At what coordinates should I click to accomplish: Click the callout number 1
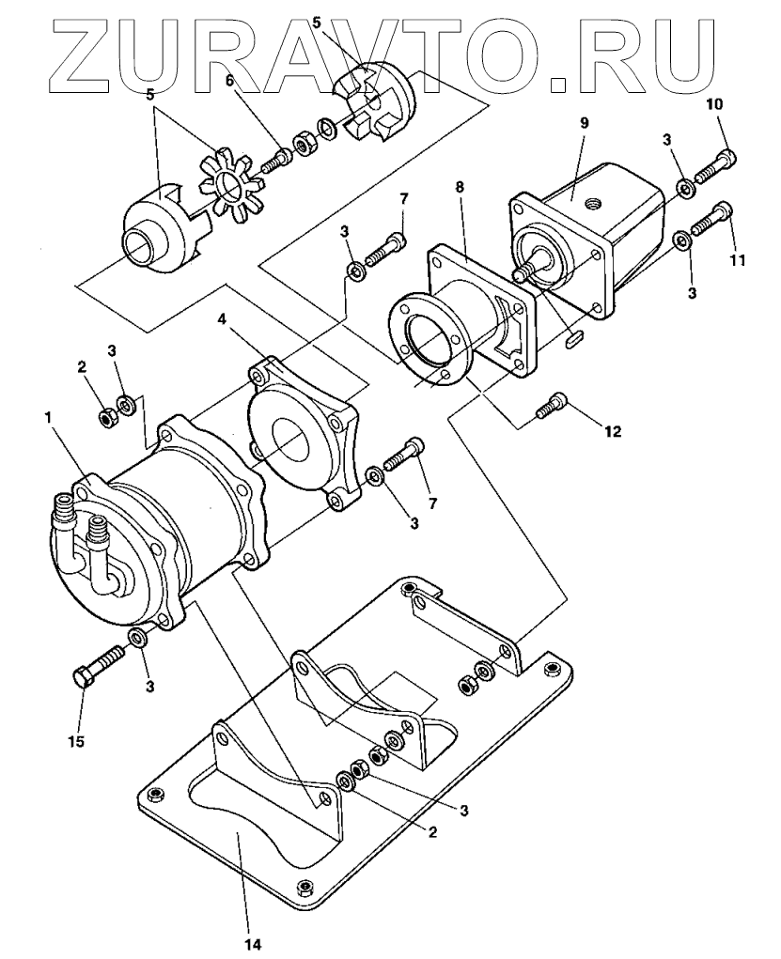48,419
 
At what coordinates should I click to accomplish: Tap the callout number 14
253,946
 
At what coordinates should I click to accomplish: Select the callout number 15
76,742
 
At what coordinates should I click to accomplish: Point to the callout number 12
614,432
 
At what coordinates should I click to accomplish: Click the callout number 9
584,124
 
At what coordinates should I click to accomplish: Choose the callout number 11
738,260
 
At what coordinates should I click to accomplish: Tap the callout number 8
461,187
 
